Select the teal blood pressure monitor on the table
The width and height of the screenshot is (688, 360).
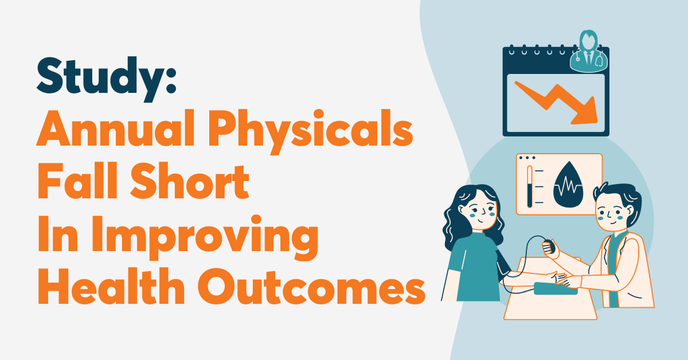pyautogui.click(x=553, y=288)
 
